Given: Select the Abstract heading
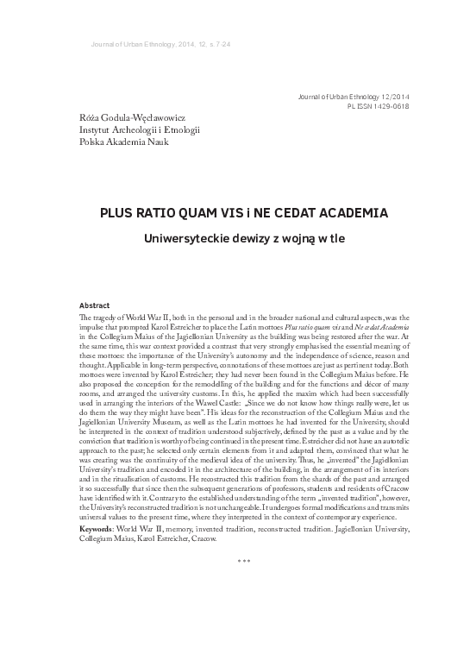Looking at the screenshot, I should point(94,305).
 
